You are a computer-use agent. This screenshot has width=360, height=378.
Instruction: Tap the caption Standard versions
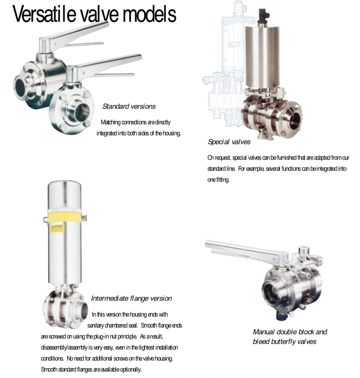tap(129, 106)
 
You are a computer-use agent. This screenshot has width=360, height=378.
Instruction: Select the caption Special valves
tap(229, 142)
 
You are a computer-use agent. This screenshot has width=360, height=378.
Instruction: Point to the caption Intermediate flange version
tap(131, 298)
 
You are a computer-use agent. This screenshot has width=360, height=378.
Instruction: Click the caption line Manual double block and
tap(290, 332)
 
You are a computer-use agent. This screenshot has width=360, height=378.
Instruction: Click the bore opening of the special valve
tap(294, 118)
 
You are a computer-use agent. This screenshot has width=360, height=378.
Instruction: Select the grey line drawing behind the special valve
tap(222, 66)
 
